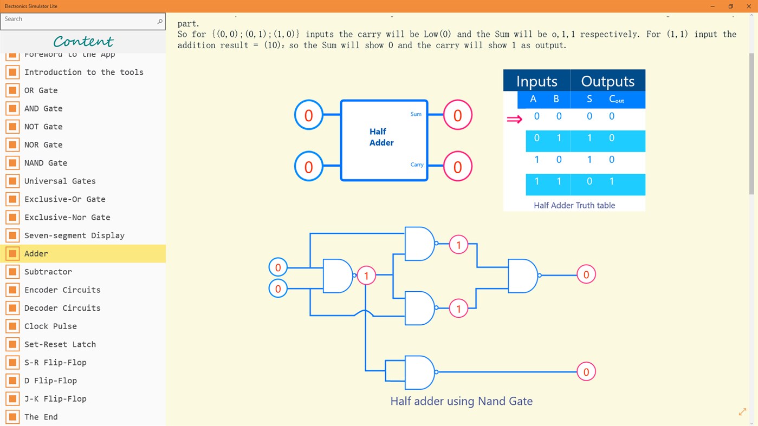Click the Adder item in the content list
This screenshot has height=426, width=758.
[36, 253]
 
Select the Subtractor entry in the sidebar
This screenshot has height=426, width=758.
[48, 272]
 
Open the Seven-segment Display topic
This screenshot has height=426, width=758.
[74, 235]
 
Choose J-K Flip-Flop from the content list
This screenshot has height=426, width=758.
[55, 399]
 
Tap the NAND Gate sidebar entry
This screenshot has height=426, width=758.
[46, 163]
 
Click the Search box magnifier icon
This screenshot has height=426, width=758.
[159, 22]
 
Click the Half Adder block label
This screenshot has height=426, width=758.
[381, 137]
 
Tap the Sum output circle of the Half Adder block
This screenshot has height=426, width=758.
[457, 115]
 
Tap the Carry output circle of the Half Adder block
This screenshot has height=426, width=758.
[457, 166]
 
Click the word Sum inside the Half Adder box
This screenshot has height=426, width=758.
[416, 114]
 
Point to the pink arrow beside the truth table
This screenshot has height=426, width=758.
[514, 119]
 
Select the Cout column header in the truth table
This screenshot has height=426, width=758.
[616, 99]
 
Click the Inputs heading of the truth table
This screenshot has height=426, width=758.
[536, 81]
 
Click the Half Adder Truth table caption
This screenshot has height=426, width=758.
[574, 205]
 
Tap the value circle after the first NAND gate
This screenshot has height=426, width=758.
[366, 276]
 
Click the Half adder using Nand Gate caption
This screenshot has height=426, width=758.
[461, 401]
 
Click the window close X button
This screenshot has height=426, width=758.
[749, 6]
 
